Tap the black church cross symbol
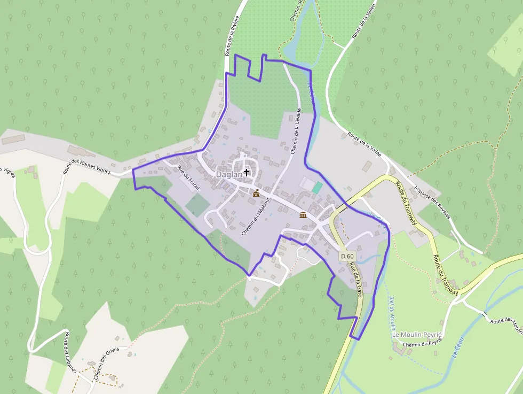[x=247, y=172]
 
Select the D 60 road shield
[x=347, y=257]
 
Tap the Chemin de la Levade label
[x=297, y=132]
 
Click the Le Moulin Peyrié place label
[x=418, y=335]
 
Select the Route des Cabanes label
[x=71, y=353]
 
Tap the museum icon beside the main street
[x=303, y=215]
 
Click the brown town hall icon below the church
[x=256, y=193]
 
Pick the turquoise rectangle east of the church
[x=318, y=188]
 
